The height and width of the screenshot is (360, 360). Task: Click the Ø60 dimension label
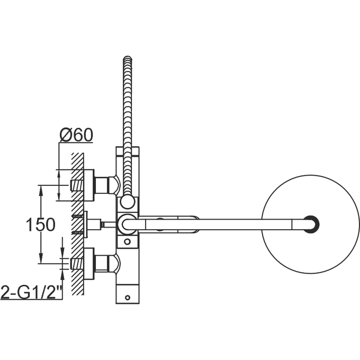pyautogui.click(x=76, y=135)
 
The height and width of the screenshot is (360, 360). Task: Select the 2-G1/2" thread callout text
pyautogui.click(x=31, y=292)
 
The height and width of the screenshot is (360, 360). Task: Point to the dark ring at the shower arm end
pyautogui.click(x=311, y=224)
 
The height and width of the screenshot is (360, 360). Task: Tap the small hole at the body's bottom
pyautogui.click(x=127, y=296)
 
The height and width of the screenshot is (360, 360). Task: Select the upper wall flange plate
pyautogui.click(x=89, y=185)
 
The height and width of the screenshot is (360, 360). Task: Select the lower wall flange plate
pyautogui.click(x=89, y=263)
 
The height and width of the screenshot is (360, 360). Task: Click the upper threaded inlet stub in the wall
pyautogui.click(x=77, y=185)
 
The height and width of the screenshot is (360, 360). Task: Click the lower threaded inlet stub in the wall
pyautogui.click(x=77, y=263)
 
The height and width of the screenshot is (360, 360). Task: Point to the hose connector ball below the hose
pyautogui.click(x=127, y=202)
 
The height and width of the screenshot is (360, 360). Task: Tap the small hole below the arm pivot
pyautogui.click(x=127, y=241)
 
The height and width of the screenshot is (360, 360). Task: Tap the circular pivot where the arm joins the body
pyautogui.click(x=126, y=224)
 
